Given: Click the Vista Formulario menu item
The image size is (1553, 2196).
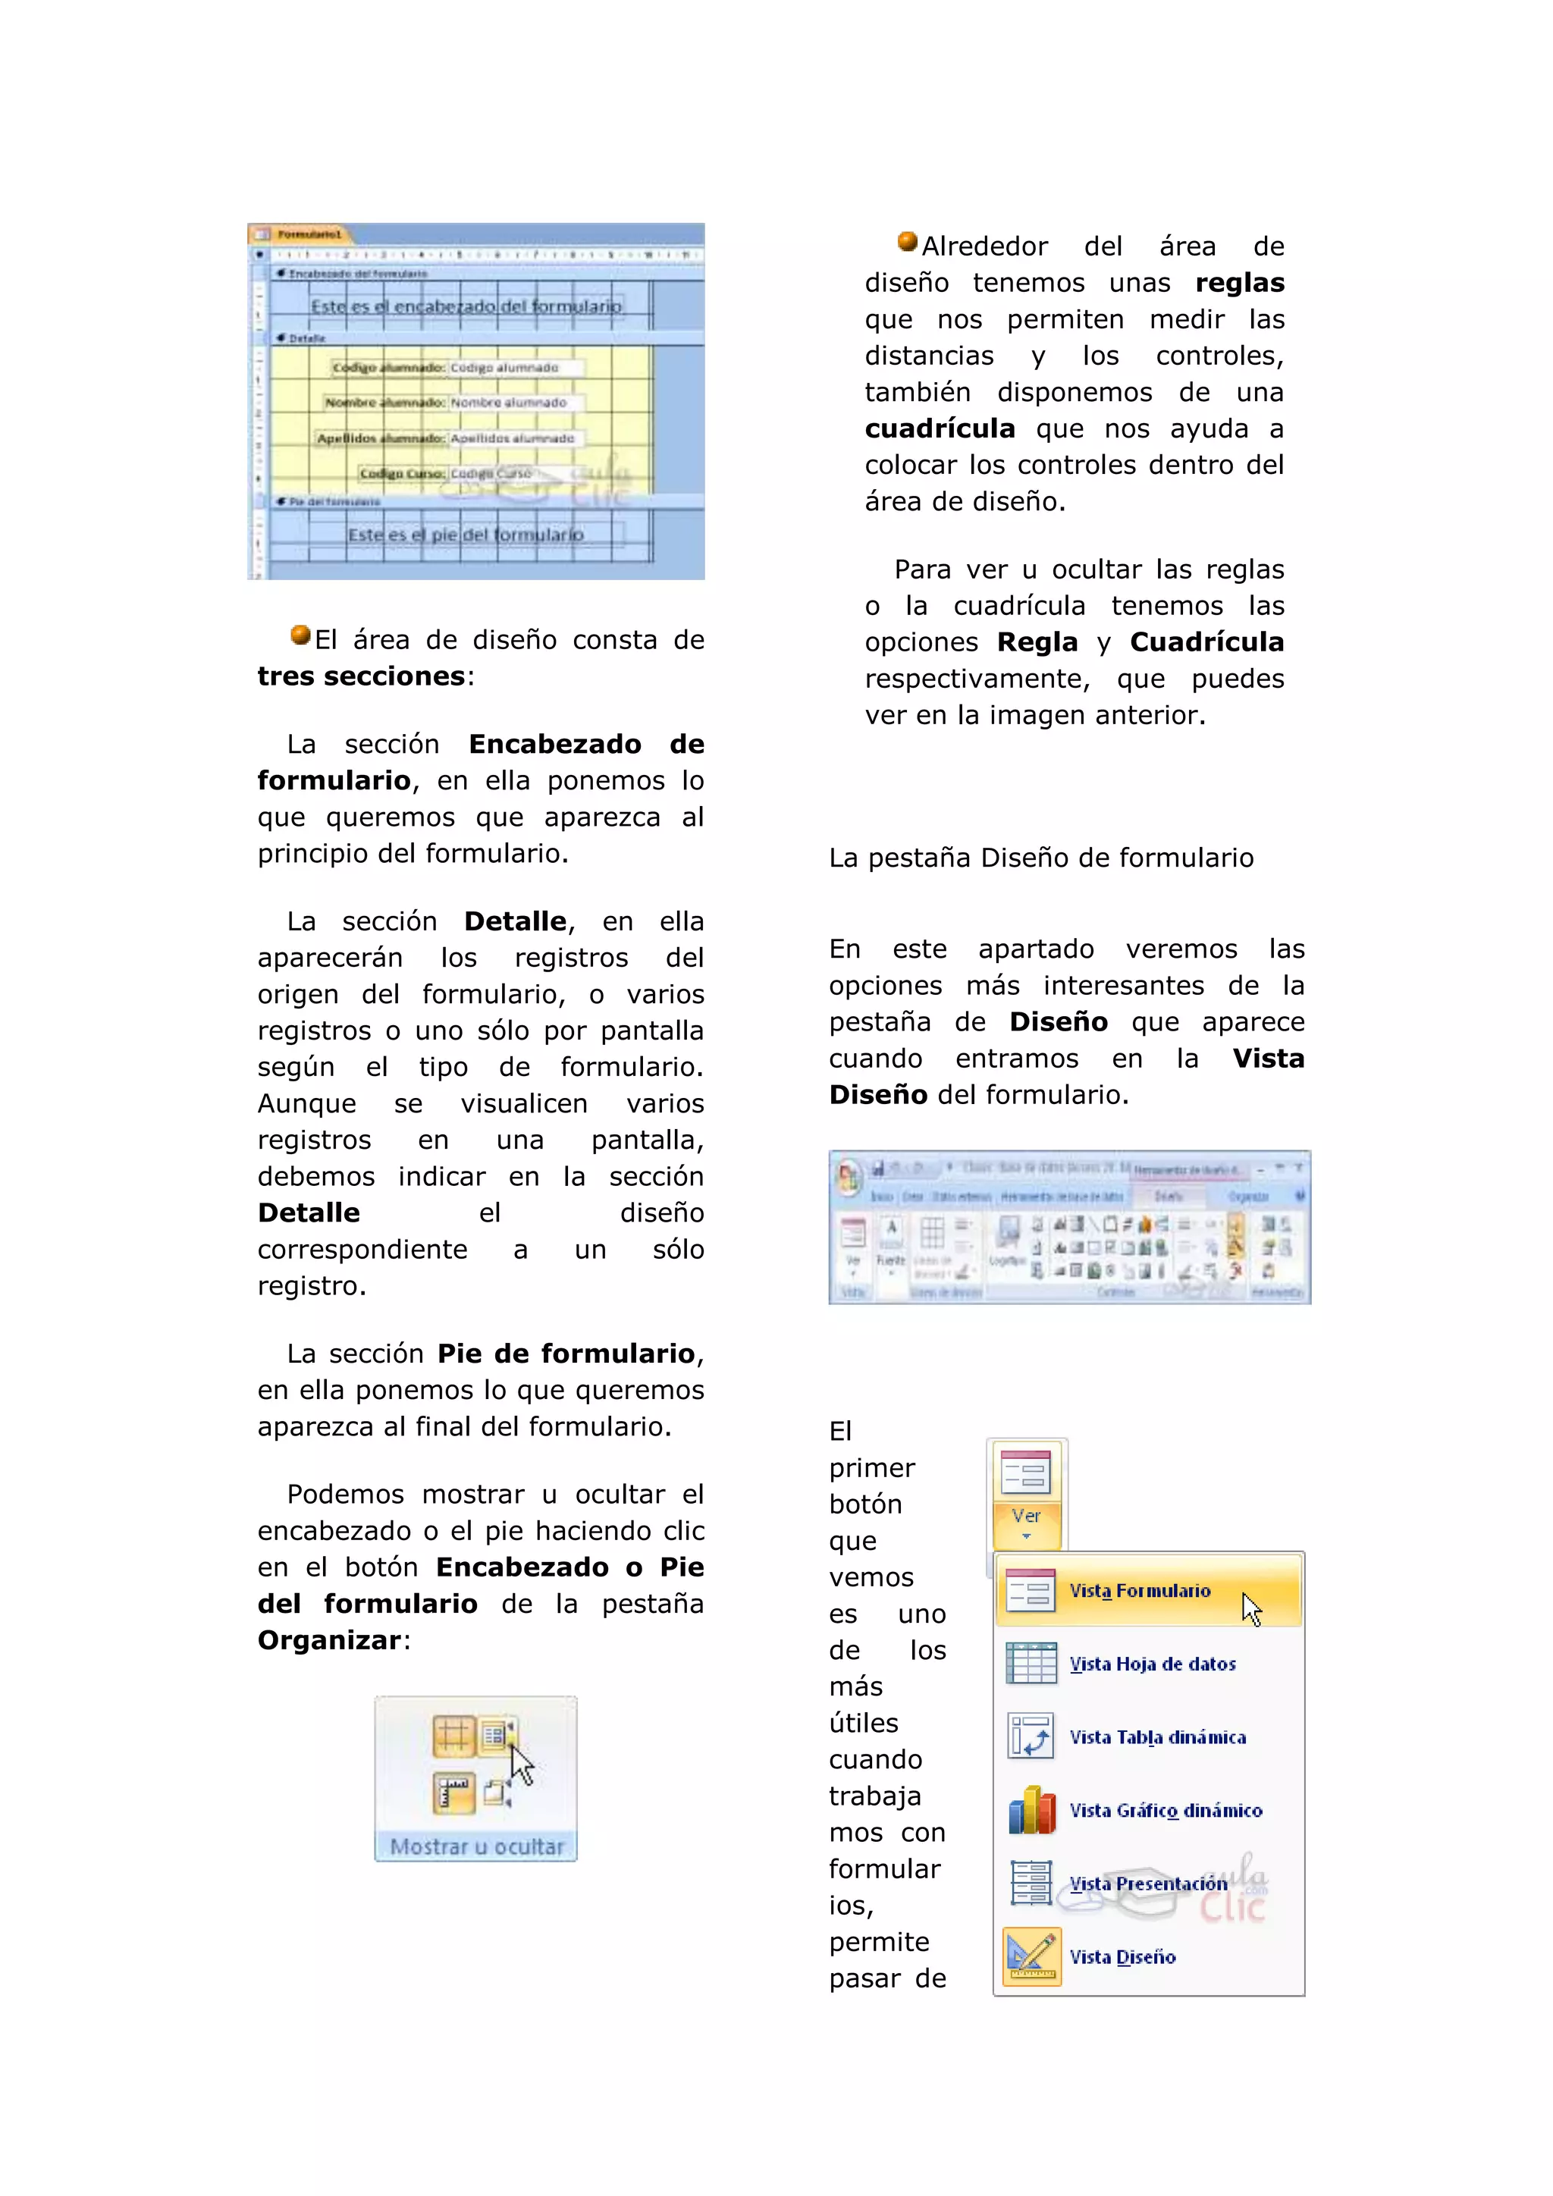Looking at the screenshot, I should (x=1139, y=1591).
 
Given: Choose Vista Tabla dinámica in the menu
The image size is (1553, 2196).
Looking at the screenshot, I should (x=1156, y=1737).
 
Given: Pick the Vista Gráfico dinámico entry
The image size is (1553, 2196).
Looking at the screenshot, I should (x=1165, y=1811).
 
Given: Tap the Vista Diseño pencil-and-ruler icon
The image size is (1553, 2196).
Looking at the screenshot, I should (x=1031, y=1956).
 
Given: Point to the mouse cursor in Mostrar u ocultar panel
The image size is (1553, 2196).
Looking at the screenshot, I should (x=520, y=1763).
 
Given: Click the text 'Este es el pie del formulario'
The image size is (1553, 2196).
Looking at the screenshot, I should (x=465, y=535).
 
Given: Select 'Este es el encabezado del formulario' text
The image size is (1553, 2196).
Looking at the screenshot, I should (x=466, y=306).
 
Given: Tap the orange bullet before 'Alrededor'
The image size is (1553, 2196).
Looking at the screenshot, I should (x=908, y=242).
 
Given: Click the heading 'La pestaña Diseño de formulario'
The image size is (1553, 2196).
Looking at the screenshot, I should (x=1040, y=858).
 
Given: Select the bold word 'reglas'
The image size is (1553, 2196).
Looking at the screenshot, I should (x=1239, y=283).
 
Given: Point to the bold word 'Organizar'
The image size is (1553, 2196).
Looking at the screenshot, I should (x=329, y=1640).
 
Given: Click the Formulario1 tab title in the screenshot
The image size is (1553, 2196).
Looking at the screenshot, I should (x=308, y=234).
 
